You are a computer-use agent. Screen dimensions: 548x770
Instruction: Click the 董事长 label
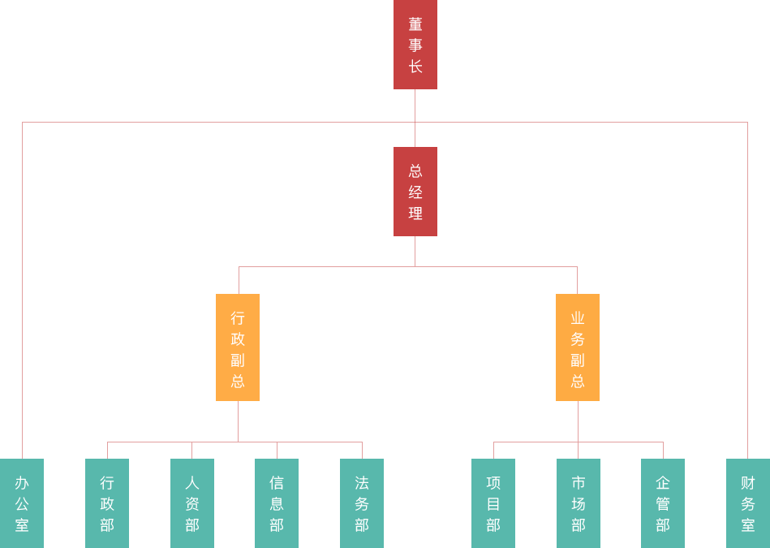pyautogui.click(x=415, y=45)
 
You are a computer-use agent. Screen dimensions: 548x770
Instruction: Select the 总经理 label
pyautogui.click(x=415, y=192)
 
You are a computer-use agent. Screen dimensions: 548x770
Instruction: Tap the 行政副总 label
pyautogui.click(x=238, y=350)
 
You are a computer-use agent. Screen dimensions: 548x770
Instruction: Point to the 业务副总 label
pyautogui.click(x=578, y=350)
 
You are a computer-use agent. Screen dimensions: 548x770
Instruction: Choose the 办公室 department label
pyautogui.click(x=22, y=504)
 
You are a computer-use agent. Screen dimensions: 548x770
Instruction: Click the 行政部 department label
pyautogui.click(x=107, y=504)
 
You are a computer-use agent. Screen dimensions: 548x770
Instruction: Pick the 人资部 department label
pyautogui.click(x=192, y=504)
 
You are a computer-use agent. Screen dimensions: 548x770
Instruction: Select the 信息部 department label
pyautogui.click(x=277, y=504)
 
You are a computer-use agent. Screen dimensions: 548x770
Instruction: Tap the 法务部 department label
pyautogui.click(x=362, y=504)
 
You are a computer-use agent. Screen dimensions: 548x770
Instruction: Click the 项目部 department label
pyautogui.click(x=493, y=504)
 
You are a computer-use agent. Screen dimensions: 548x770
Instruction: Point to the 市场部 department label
pyautogui.click(x=579, y=504)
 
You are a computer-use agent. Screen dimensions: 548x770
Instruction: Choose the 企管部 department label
pyautogui.click(x=663, y=504)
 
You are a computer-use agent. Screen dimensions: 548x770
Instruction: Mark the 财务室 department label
pyautogui.click(x=748, y=504)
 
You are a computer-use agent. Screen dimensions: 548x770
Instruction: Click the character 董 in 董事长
pyautogui.click(x=415, y=24)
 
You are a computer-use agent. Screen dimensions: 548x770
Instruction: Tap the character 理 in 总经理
pyautogui.click(x=415, y=214)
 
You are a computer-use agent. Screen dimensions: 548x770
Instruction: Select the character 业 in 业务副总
pyautogui.click(x=578, y=318)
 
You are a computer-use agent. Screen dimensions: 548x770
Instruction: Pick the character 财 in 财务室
pyautogui.click(x=748, y=483)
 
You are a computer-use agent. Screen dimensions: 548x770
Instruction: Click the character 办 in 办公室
pyautogui.click(x=22, y=483)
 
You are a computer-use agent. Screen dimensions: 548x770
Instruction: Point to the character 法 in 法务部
pyautogui.click(x=362, y=483)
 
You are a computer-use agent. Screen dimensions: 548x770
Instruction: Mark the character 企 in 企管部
pyautogui.click(x=663, y=483)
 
